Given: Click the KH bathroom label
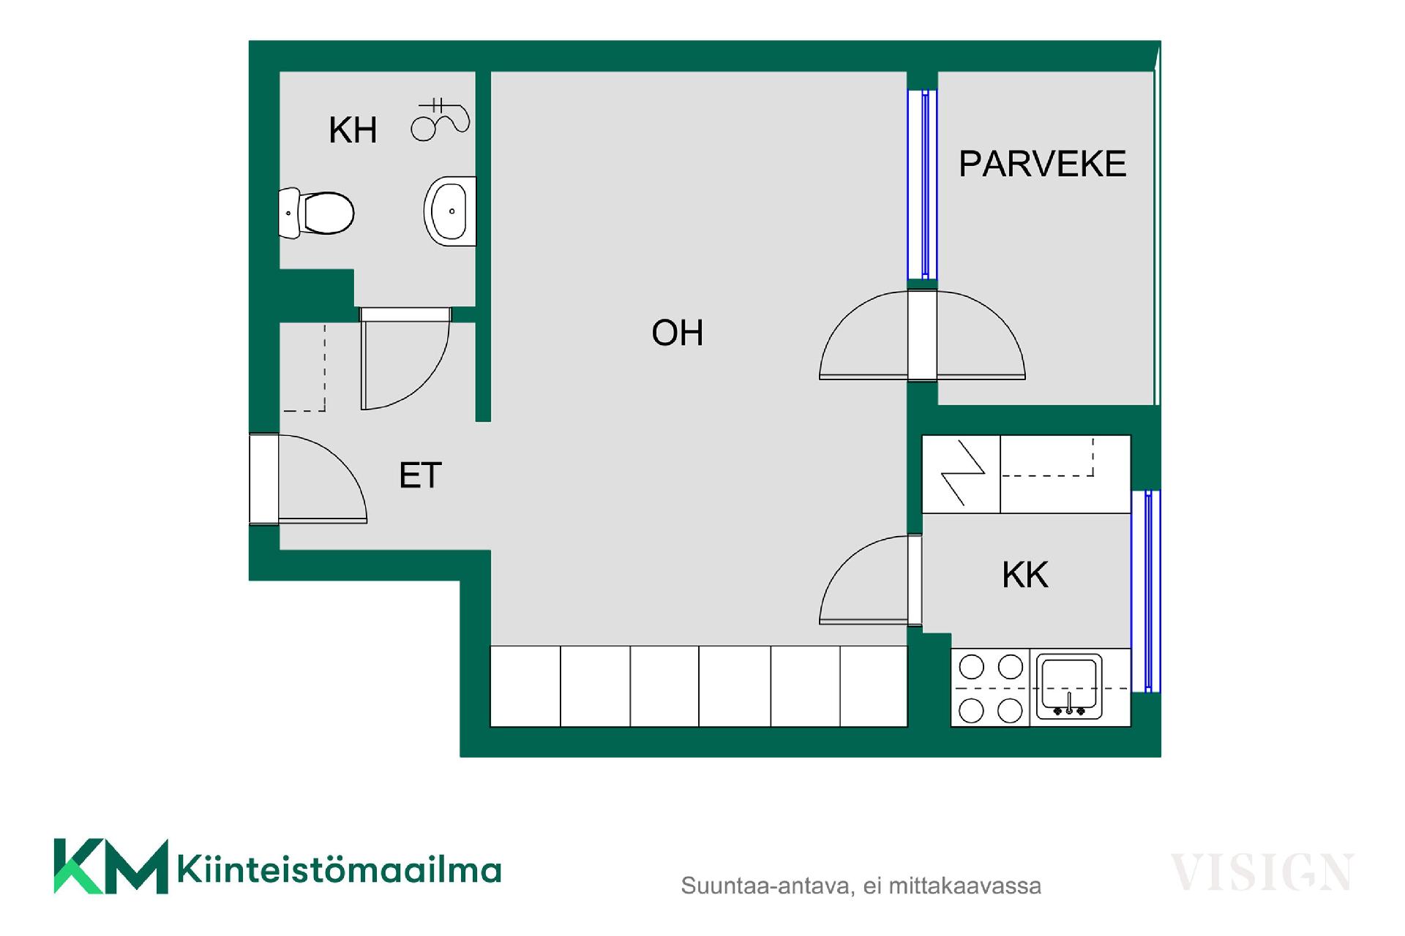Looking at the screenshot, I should pyautogui.click(x=353, y=130).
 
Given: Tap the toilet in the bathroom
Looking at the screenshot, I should pyautogui.click(x=318, y=213).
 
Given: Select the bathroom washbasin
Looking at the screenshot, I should pyautogui.click(x=449, y=211).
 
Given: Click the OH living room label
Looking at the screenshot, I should pyautogui.click(x=677, y=333).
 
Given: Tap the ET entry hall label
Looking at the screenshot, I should pyautogui.click(x=420, y=475).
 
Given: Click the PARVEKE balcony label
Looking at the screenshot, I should pyautogui.click(x=1042, y=164).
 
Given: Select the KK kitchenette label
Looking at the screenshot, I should pyautogui.click(x=1024, y=575).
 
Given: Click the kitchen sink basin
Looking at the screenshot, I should pyautogui.click(x=1068, y=686).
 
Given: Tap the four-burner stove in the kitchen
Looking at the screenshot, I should pyautogui.click(x=990, y=687).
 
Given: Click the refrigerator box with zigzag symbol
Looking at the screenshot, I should pyautogui.click(x=961, y=474).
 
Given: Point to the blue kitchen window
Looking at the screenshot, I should pyautogui.click(x=1147, y=591).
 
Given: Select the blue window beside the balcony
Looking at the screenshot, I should pyautogui.click(x=923, y=184).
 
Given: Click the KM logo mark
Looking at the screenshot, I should pyautogui.click(x=110, y=867).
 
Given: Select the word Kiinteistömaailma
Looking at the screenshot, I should pyautogui.click(x=339, y=870).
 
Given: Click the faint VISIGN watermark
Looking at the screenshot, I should pyautogui.click(x=1262, y=872).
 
